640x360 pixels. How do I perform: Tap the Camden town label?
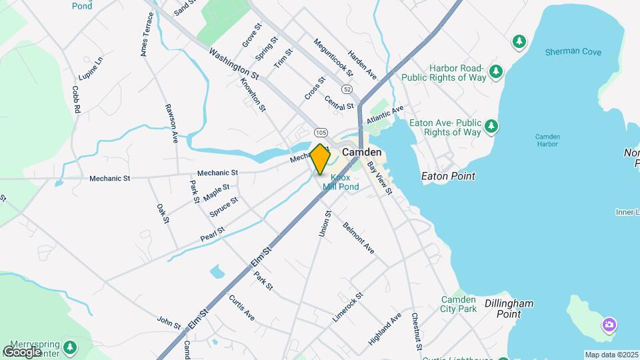click(362, 153)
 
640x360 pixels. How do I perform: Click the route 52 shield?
click(347, 89)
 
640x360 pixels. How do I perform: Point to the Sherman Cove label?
click(573, 52)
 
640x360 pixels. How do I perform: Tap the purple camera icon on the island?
click(608, 325)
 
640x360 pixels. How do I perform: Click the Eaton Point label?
click(449, 177)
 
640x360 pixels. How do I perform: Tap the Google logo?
click(23, 351)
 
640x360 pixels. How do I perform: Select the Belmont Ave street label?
click(359, 237)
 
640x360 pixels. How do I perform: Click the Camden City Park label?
click(459, 304)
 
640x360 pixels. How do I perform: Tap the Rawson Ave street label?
click(172, 123)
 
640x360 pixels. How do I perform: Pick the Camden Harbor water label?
click(547, 141)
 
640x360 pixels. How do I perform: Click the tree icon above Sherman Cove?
click(518, 42)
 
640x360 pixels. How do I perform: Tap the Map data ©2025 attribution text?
click(611, 355)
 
